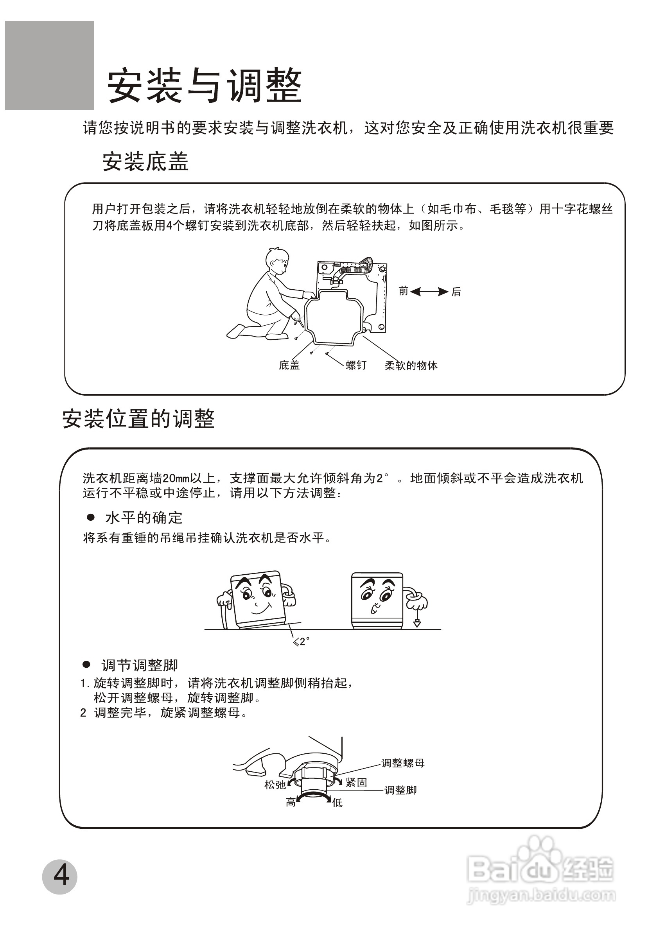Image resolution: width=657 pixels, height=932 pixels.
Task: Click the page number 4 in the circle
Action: pyautogui.click(x=60, y=876)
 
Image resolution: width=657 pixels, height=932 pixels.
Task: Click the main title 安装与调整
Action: pyautogui.click(x=204, y=86)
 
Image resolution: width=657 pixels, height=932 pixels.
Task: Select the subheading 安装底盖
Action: pyautogui.click(x=145, y=161)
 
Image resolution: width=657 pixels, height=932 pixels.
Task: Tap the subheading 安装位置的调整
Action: pyautogui.click(x=138, y=419)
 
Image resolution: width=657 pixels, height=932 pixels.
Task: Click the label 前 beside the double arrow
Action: pyautogui.click(x=403, y=290)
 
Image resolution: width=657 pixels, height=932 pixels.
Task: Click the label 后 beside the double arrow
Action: pyautogui.click(x=456, y=292)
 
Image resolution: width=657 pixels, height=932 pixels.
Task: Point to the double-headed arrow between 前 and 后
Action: pyautogui.click(x=429, y=292)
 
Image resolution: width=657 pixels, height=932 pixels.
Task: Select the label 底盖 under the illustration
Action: pyautogui.click(x=289, y=365)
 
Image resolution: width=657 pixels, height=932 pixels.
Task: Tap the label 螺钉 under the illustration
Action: pyautogui.click(x=356, y=365)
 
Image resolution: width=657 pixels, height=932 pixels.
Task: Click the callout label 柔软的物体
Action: pyautogui.click(x=411, y=365)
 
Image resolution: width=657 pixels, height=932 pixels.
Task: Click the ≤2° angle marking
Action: pyautogui.click(x=301, y=642)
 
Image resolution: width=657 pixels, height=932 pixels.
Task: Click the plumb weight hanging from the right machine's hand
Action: pyautogui.click(x=417, y=624)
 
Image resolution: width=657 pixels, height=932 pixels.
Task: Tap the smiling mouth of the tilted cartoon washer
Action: pyautogui.click(x=260, y=608)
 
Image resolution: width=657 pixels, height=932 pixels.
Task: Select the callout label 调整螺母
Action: pyautogui.click(x=403, y=763)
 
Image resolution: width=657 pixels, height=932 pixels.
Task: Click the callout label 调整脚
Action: pyautogui.click(x=400, y=790)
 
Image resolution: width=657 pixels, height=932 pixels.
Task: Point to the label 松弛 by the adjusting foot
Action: pyautogui.click(x=275, y=785)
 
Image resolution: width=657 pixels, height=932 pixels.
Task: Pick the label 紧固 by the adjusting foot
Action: pyautogui.click(x=356, y=782)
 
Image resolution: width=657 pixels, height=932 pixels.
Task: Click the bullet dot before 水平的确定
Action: pyautogui.click(x=91, y=517)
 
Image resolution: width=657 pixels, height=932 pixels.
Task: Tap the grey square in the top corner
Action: pyautogui.click(x=49, y=65)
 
